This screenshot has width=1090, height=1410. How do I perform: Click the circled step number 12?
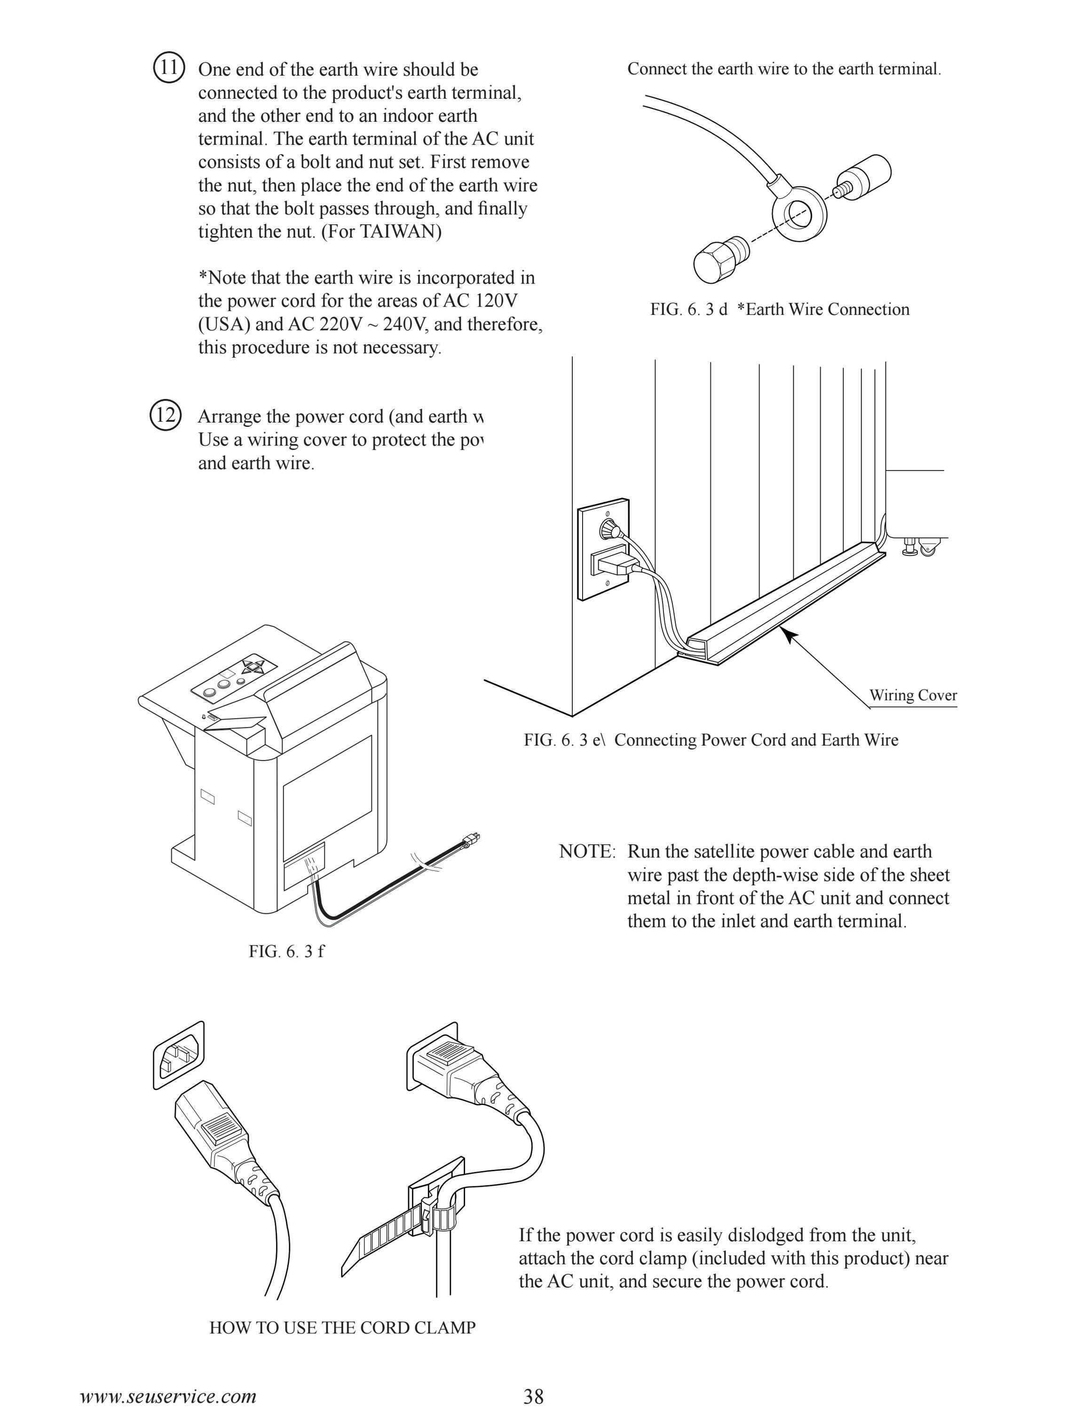click(166, 415)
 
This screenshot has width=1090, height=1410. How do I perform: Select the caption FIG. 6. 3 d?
click(688, 309)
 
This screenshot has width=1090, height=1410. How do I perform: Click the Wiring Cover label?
click(912, 695)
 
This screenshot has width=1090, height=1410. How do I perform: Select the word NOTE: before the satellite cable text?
click(587, 852)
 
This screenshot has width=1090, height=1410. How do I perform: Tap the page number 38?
click(533, 1396)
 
